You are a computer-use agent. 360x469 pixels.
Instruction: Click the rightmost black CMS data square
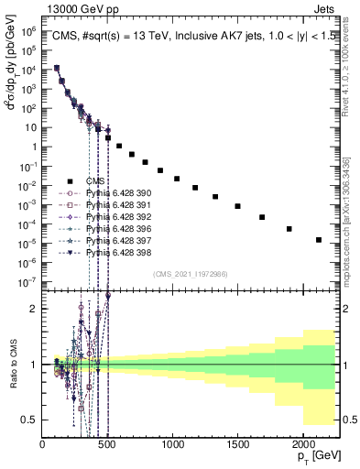pyautogui.click(x=318, y=240)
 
